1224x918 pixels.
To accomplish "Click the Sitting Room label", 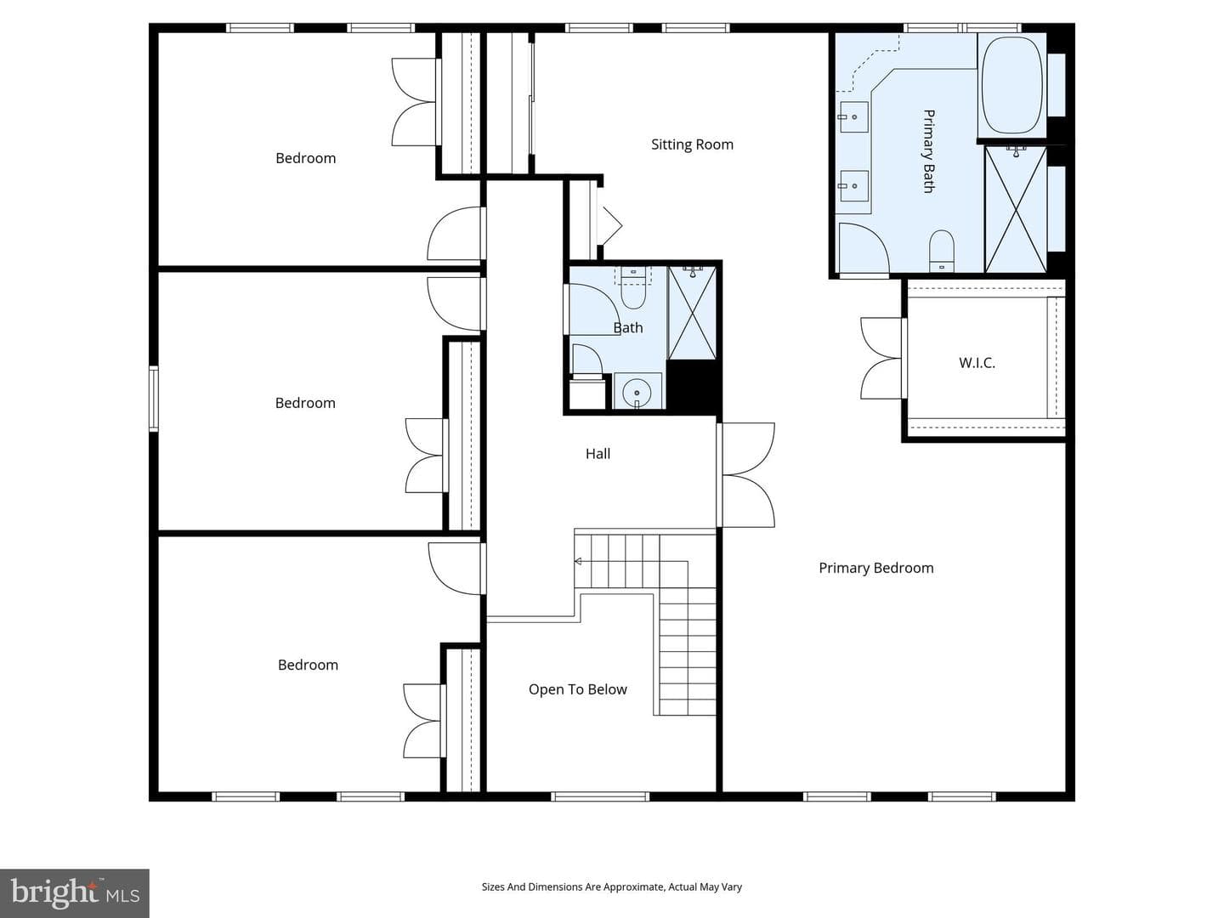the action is pos(692,144).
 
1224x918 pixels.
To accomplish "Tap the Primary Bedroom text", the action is pos(876,568).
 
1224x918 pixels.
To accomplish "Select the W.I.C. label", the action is pos(977,363).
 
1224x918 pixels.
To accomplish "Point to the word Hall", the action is pos(598,454).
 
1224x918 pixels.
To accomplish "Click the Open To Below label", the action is pos(578,689).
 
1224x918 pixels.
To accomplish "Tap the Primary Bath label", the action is pos(928,151).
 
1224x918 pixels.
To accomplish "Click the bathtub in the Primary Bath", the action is pos(1011,85).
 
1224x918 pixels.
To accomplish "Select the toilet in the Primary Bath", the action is pos(941,252).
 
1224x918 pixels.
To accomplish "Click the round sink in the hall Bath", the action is pos(637,392).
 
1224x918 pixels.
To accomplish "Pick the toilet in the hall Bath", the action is pos(633,289).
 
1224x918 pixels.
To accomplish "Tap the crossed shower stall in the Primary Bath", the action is pos(1016,210).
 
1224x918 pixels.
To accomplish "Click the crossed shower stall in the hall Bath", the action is pos(692,313).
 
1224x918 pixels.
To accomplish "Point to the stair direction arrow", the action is pos(578,561).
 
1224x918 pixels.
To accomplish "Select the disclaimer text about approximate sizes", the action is pos(612,887).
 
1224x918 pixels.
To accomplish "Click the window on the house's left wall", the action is pos(153,399).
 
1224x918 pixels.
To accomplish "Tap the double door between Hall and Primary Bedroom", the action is pos(747,475).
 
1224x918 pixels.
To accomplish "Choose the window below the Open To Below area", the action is pos(600,796).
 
